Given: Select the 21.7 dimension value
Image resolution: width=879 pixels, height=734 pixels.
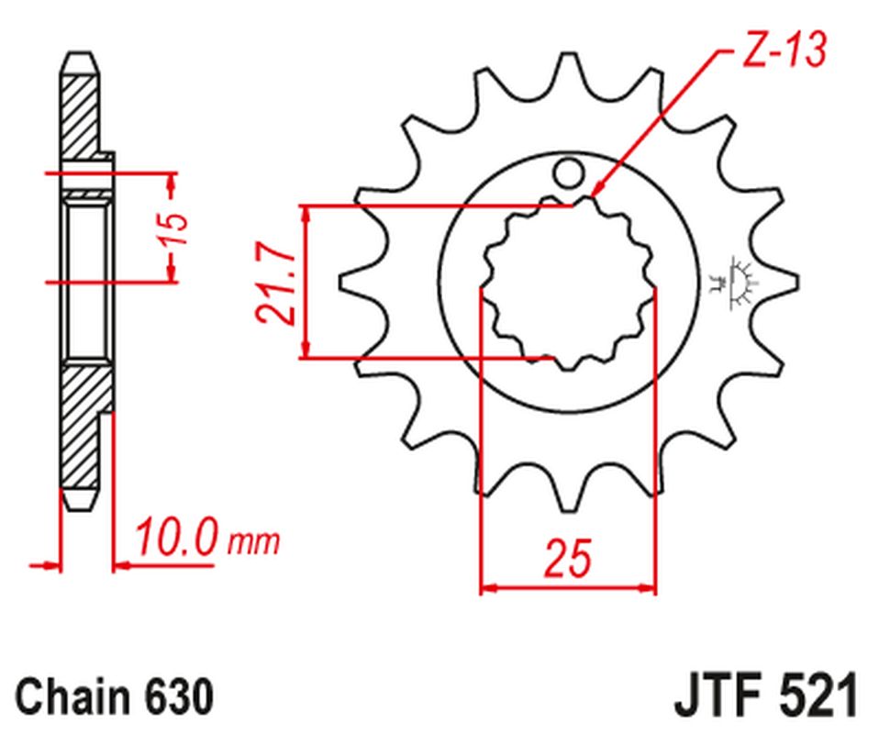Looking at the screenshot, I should (276, 282).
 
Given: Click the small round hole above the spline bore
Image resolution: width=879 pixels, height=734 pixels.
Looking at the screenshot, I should (569, 171).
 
